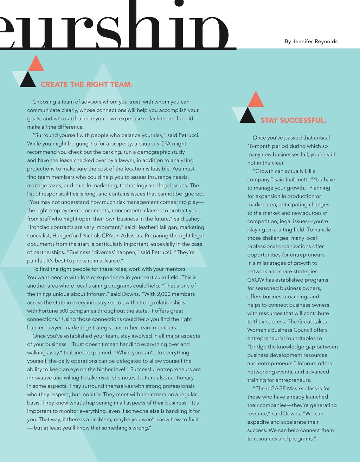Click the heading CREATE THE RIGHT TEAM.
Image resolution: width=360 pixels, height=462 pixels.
pyautogui.click(x=86, y=84)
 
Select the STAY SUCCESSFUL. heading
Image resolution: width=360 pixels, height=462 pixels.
pyautogui.click(x=294, y=120)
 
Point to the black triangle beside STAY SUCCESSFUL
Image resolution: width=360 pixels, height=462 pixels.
pyautogui.click(x=247, y=116)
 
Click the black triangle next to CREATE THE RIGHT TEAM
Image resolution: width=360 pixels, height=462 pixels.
pyautogui.click(x=28, y=81)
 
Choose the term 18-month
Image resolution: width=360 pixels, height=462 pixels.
pyautogui.click(x=261, y=146)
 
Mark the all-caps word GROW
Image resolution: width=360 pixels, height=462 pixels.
pyautogui.click(x=256, y=280)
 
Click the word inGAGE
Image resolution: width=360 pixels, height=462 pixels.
pyautogui.click(x=276, y=389)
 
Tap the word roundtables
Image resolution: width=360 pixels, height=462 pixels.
pyautogui.click(x=301, y=338)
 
